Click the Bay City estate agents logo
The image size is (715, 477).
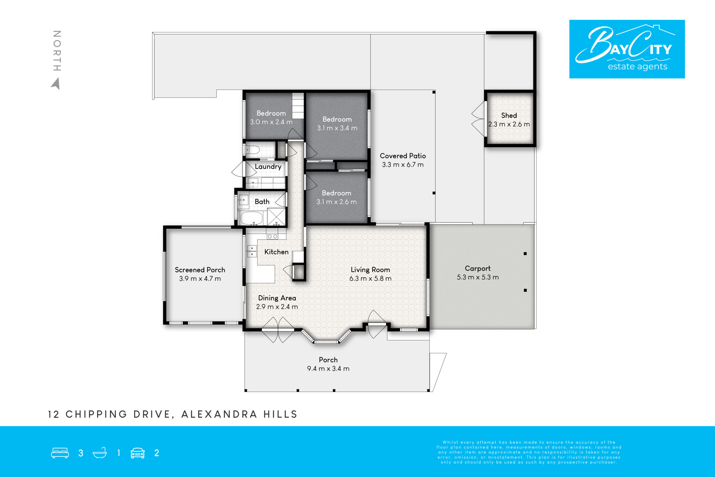coord(627,49)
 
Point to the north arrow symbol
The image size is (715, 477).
coord(56,83)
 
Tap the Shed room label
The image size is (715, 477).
coord(509,116)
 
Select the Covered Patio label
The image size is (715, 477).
coord(403,156)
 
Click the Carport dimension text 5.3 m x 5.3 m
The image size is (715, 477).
coord(478,277)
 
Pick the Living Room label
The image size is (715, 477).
coord(370,270)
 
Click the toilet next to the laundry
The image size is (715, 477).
coord(252,150)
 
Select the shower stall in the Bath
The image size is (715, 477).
coord(276,217)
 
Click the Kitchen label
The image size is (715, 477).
coord(276,252)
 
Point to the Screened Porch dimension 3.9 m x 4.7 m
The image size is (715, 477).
coord(200,279)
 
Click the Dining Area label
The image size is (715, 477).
coord(277,298)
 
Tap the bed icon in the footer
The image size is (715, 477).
coord(60,453)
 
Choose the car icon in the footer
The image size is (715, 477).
coord(138,453)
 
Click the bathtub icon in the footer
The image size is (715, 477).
coord(100,453)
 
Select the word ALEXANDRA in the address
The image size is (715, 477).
coord(220,414)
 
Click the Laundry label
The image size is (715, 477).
coord(268,167)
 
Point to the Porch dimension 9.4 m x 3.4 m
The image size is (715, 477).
coord(328,369)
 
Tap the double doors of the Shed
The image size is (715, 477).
coord(478,119)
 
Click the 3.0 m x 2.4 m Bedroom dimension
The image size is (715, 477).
coord(271,122)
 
